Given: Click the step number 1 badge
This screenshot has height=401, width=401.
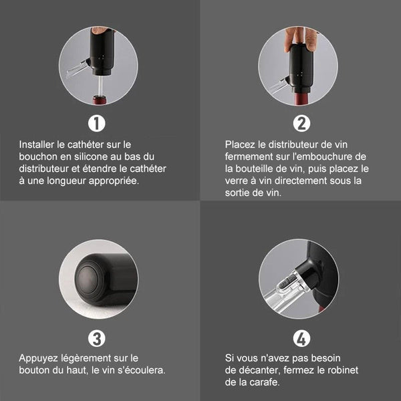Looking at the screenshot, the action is point(97,124).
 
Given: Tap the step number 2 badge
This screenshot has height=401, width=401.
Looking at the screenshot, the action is point(301,124).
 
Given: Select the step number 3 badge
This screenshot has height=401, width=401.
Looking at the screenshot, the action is point(97,339).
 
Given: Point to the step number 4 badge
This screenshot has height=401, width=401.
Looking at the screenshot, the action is point(301,339).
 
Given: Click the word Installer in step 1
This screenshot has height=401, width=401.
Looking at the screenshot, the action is point(37,144).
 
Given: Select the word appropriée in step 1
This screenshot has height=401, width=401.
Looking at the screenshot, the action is point(114,181).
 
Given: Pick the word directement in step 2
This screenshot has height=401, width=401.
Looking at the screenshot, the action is point(301,181).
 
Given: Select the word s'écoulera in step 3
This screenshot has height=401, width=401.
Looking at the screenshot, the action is point(142,370).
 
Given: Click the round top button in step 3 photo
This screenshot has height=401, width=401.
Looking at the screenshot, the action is point(89,279).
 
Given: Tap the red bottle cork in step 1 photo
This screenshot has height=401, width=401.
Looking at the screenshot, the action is point(100,100).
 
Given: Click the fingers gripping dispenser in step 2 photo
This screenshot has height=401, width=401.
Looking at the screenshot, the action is point(301,38).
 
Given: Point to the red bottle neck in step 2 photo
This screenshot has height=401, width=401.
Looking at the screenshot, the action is point(302,98).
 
